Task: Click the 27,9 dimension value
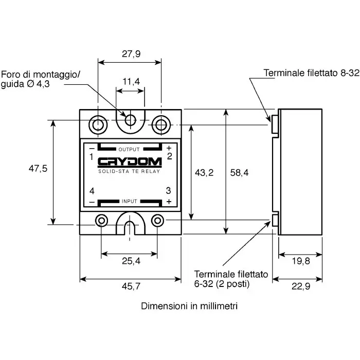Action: click(x=131, y=54)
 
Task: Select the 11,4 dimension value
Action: click(x=131, y=81)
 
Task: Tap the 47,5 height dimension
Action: click(x=38, y=169)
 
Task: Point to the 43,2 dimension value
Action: click(x=204, y=173)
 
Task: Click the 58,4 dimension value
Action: click(x=239, y=173)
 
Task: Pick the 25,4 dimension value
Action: click(x=131, y=261)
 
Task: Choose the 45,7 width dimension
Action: click(x=131, y=286)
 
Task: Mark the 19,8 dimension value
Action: click(x=301, y=261)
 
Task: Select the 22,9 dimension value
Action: click(x=301, y=286)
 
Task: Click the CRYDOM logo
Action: click(x=130, y=163)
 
